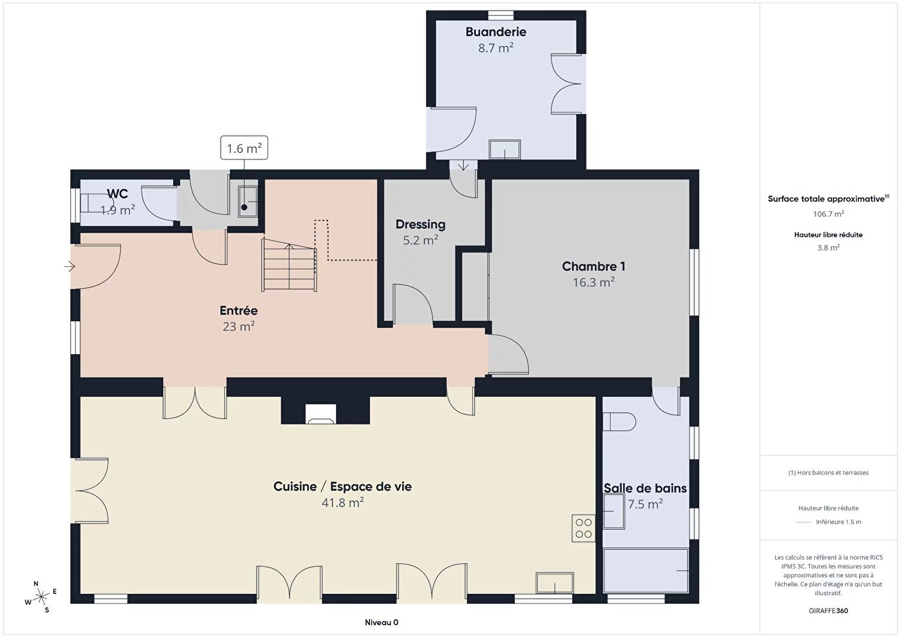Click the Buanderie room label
(495, 32)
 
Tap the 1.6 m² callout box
(244, 148)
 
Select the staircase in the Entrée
(289, 265)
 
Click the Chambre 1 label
(593, 266)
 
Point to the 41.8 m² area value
(342, 502)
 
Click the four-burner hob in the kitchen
(583, 528)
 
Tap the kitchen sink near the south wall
(554, 583)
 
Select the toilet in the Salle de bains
(619, 422)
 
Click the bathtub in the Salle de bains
(645, 570)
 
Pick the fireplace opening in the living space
(320, 414)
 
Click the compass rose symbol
(41, 597)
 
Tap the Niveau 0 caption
(381, 622)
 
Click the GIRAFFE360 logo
(828, 610)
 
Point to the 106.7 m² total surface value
(828, 214)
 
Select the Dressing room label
(420, 224)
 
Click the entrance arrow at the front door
(70, 266)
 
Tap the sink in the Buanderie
(504, 149)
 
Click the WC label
(117, 194)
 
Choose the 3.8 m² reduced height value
(828, 248)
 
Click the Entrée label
(239, 311)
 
